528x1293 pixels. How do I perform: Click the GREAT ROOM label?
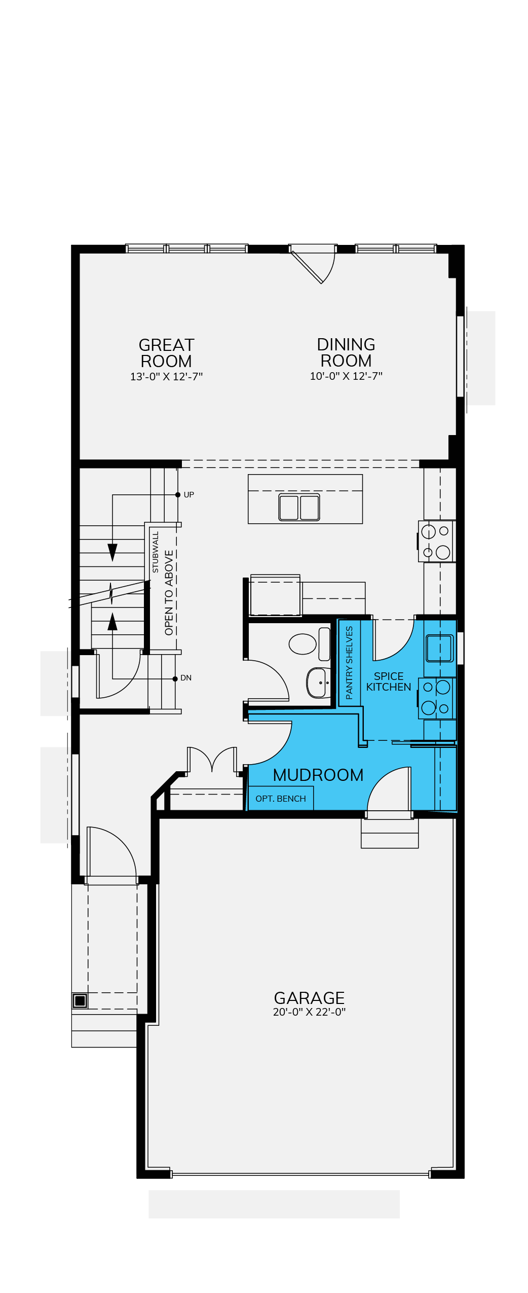[x=166, y=353]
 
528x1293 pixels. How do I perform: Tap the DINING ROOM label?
[x=346, y=352]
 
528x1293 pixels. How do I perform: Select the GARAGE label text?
[x=309, y=998]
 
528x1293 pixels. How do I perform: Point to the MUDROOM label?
[x=318, y=775]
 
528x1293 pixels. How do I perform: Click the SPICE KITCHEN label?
[x=389, y=681]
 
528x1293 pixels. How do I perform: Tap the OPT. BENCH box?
[x=281, y=798]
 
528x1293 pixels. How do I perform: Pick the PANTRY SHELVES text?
[x=349, y=663]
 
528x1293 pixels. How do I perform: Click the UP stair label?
[x=188, y=495]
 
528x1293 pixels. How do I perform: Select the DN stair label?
[x=186, y=678]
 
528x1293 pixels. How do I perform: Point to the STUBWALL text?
[x=156, y=552]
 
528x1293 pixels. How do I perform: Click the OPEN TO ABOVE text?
[x=169, y=593]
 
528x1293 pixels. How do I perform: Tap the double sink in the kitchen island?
[x=299, y=507]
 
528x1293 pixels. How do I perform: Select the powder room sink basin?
[x=318, y=683]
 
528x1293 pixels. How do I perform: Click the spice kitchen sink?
[x=439, y=649]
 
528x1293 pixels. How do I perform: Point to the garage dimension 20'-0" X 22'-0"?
[x=309, y=1012]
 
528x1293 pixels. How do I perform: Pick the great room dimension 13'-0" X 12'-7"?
[x=166, y=377]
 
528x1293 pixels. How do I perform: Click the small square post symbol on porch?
[x=80, y=1000]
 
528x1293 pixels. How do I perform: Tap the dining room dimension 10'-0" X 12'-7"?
[x=346, y=376]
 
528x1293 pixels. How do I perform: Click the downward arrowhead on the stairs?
[x=112, y=552]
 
